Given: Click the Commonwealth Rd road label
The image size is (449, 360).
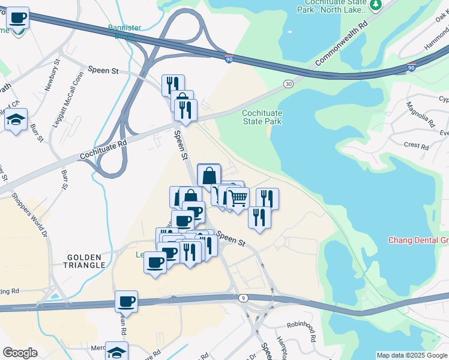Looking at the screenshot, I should click(x=340, y=45).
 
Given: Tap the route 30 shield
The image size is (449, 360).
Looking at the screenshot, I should click(x=289, y=83).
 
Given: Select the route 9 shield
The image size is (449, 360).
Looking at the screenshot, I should click(x=243, y=298).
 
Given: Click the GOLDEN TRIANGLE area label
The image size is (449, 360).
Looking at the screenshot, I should click(x=86, y=260).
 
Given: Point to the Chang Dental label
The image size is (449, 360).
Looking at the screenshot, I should click(x=418, y=240).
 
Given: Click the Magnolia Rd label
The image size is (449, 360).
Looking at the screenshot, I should click(x=428, y=115).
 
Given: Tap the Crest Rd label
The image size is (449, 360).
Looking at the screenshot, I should click(x=415, y=146).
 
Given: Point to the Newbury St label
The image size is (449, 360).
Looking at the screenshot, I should click(x=52, y=74).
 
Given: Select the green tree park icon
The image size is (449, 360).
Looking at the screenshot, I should click(x=376, y=5).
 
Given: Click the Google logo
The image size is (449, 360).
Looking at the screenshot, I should click(x=20, y=352).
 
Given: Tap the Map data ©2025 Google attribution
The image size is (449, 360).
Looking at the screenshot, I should click(x=411, y=355).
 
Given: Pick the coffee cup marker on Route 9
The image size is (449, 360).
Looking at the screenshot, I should click(x=126, y=301).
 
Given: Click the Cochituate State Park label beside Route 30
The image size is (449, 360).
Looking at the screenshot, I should click(x=261, y=116).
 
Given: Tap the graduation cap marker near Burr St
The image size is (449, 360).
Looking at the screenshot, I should click(x=15, y=118).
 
